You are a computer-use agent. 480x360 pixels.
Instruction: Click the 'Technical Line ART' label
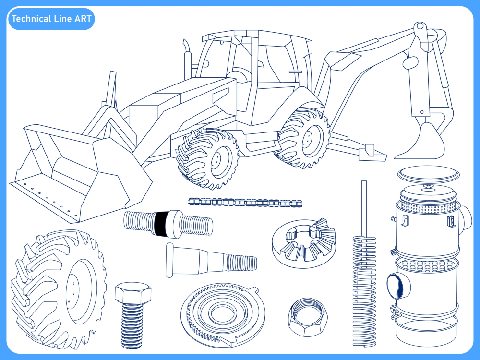coord(51,19)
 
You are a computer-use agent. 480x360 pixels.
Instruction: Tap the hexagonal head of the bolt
coord(132,293)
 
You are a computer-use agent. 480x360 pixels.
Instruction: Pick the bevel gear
coord(304,241)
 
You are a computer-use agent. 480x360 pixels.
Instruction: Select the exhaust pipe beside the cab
coord(186,60)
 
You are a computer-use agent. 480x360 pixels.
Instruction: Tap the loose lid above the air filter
coord(429,174)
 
